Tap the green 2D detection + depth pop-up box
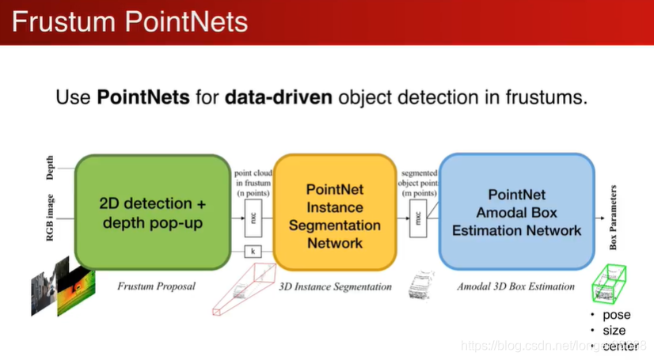tap(153, 213)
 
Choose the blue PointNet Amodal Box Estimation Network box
tap(516, 212)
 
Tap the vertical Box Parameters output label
tap(614, 218)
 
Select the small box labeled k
tap(253, 252)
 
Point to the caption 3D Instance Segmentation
tap(335, 286)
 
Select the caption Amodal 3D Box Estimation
tap(515, 286)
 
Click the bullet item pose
tap(617, 315)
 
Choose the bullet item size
tap(614, 330)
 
